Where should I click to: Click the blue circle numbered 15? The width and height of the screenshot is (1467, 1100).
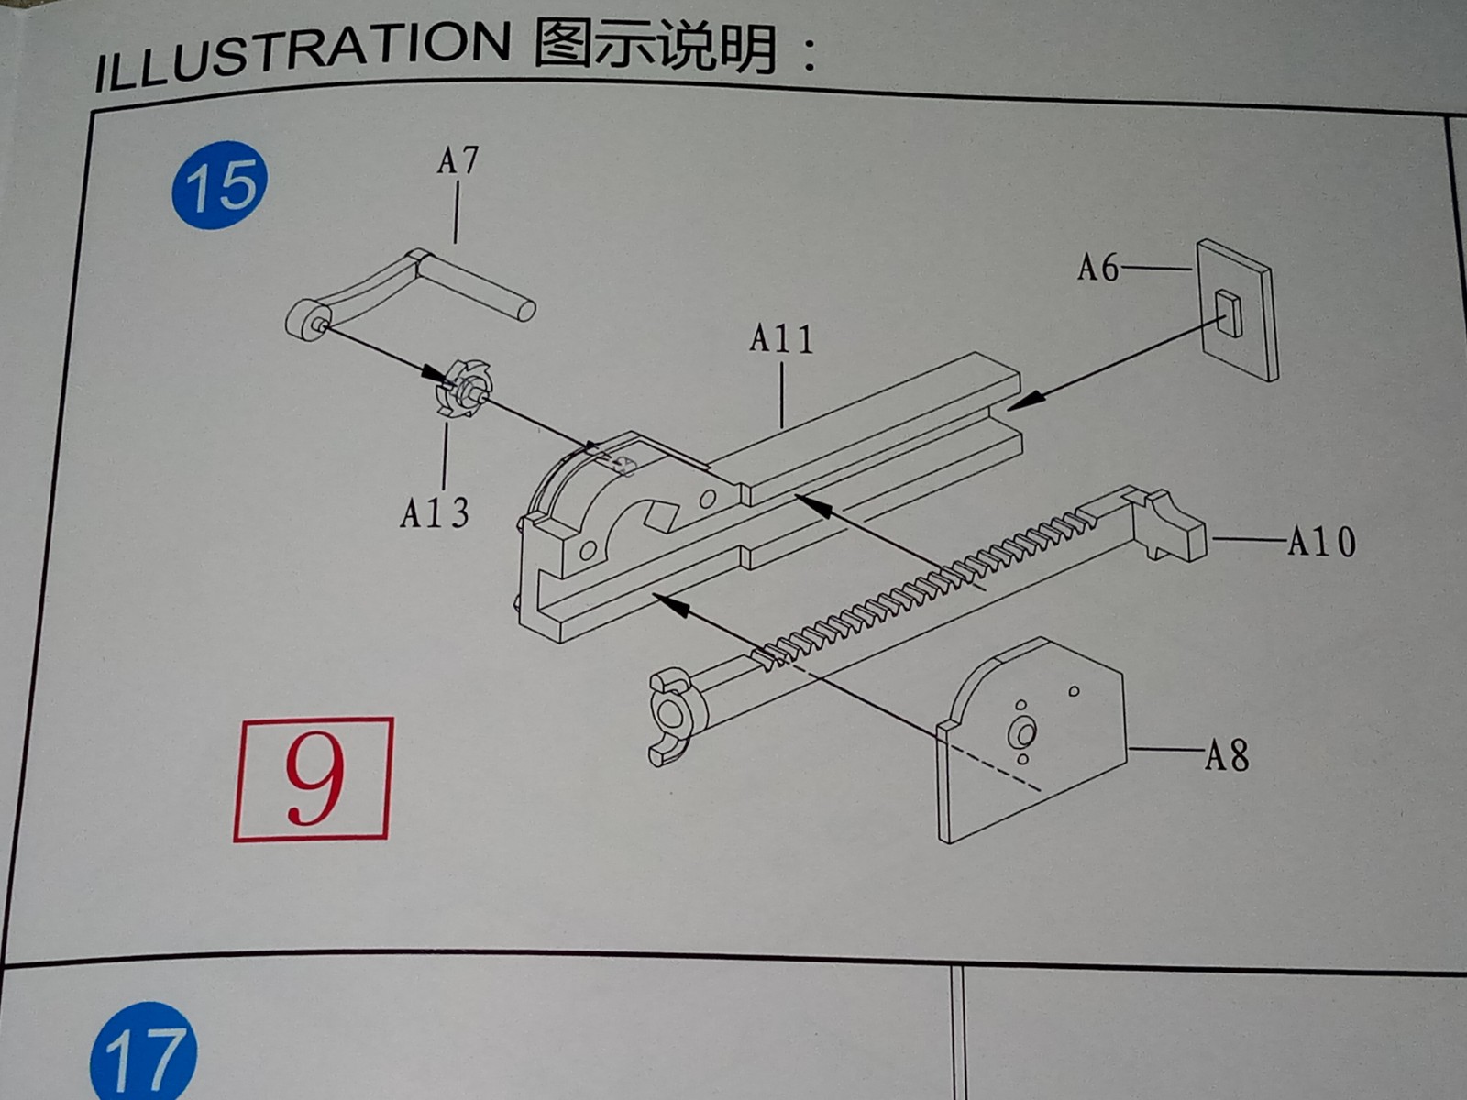coord(219,185)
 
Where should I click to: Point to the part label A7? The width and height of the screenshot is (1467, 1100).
coord(458,161)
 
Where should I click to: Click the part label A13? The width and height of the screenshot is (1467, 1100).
coord(435,513)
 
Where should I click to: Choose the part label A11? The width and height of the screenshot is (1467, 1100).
coord(781,338)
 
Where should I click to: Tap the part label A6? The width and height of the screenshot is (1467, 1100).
coord(1097,268)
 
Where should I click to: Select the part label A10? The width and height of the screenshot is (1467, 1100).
coord(1322,541)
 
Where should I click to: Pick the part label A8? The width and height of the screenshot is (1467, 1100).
coord(1227,756)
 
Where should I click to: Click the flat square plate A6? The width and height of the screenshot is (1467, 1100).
coord(1236,310)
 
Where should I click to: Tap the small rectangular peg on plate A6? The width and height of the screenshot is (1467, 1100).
coord(1230,313)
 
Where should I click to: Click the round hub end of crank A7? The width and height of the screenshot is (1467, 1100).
coord(308,321)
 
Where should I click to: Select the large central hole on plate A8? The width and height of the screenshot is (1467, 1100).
coord(1022,734)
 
